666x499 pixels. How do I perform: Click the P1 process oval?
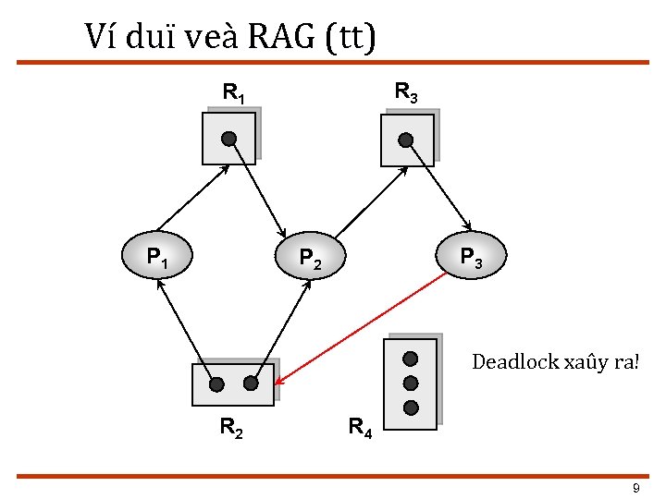pyautogui.click(x=157, y=254)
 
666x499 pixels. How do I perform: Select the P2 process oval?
pyautogui.click(x=311, y=255)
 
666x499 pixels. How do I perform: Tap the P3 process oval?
pyautogui.click(x=469, y=254)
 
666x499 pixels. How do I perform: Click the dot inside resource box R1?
pyautogui.click(x=228, y=139)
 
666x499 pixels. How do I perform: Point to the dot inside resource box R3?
pyautogui.click(x=405, y=140)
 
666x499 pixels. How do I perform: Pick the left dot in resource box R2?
pyautogui.click(x=216, y=384)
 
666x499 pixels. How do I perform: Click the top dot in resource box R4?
pyautogui.click(x=411, y=359)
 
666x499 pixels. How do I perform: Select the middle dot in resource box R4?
pyautogui.click(x=411, y=383)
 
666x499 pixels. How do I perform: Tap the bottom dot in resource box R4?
pyautogui.click(x=411, y=407)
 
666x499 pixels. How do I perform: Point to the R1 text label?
pyautogui.click(x=233, y=93)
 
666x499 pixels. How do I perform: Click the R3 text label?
pyautogui.click(x=405, y=92)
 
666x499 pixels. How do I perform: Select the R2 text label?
pyautogui.click(x=231, y=427)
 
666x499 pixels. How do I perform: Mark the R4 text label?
pyautogui.click(x=359, y=428)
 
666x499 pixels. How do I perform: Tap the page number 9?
pyautogui.click(x=635, y=488)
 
